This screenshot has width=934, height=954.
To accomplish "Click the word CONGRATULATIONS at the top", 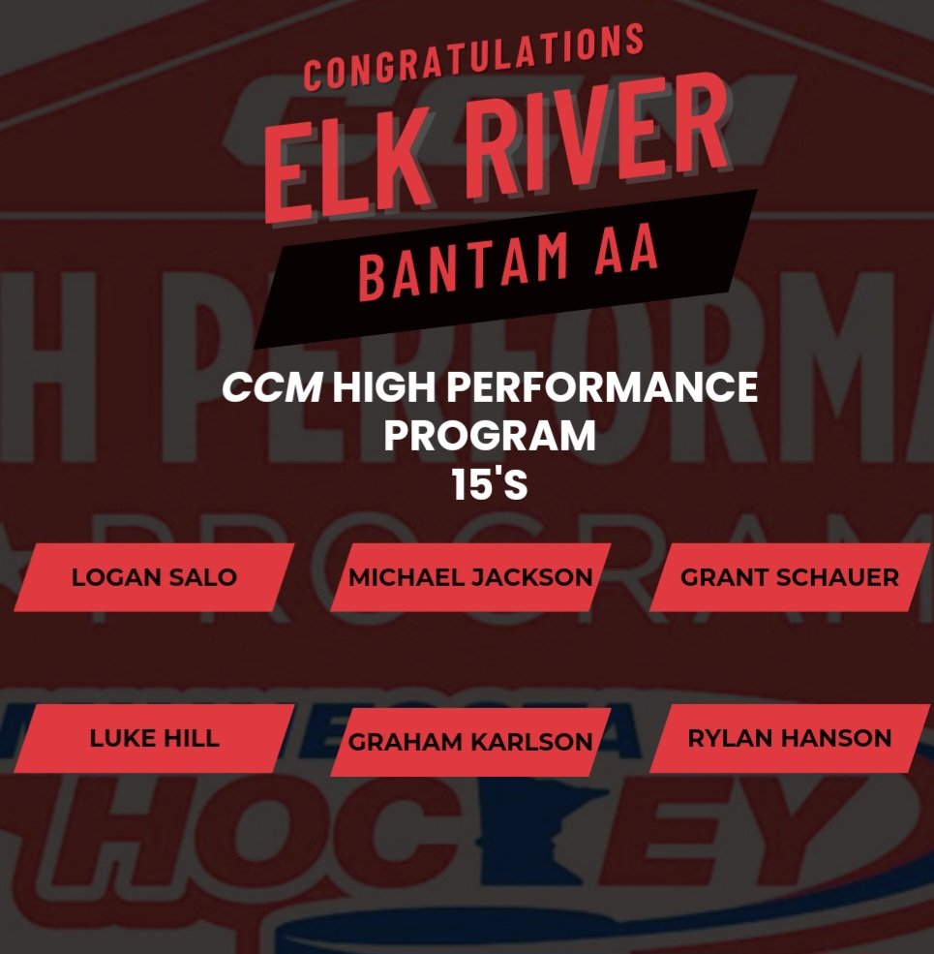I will pyautogui.click(x=473, y=57).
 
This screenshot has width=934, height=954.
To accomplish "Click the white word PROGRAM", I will pyautogui.click(x=489, y=437).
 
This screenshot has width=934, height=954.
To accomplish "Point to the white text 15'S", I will pyautogui.click(x=489, y=485).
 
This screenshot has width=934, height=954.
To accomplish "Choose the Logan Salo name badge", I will pyautogui.click(x=154, y=577).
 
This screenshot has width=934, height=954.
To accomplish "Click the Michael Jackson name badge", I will pyautogui.click(x=470, y=577).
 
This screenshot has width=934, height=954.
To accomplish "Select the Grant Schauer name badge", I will pyautogui.click(x=789, y=577).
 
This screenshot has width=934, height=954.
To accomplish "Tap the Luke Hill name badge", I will pyautogui.click(x=154, y=738).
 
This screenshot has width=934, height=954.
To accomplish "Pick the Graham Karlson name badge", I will pyautogui.click(x=470, y=742).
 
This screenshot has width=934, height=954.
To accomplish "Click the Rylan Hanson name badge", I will pyautogui.click(x=789, y=738).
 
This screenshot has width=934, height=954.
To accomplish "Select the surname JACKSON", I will pyautogui.click(x=531, y=578).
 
